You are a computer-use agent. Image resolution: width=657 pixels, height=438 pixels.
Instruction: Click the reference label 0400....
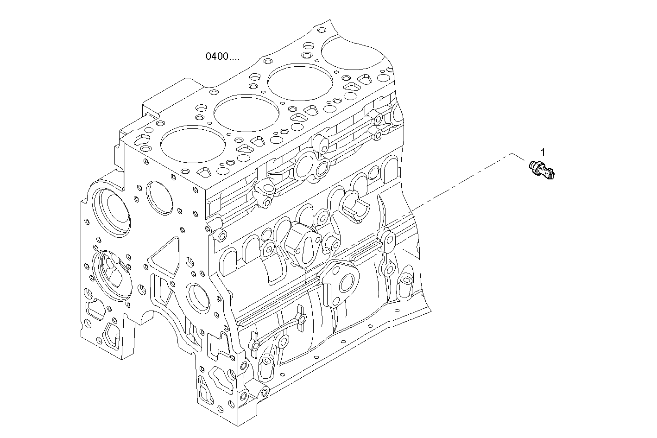[222, 57]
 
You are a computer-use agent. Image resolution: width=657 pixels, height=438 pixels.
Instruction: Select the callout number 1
[543, 152]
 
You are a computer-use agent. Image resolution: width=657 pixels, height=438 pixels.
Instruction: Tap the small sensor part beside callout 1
[543, 169]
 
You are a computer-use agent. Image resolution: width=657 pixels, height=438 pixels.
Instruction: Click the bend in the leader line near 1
[512, 152]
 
